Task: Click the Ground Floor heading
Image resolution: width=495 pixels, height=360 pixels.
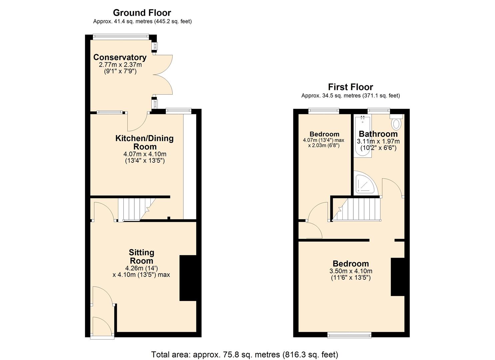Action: click(x=142, y=13)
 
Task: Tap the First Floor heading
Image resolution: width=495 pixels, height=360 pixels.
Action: click(x=350, y=87)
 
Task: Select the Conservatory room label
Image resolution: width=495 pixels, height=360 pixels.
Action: click(x=120, y=57)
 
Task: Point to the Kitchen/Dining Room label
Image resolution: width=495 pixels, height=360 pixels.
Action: click(x=144, y=142)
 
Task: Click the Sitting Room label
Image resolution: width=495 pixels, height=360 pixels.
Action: click(x=141, y=257)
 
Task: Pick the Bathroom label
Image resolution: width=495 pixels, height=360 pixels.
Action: click(x=378, y=134)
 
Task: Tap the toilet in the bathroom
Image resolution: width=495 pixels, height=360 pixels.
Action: click(x=396, y=123)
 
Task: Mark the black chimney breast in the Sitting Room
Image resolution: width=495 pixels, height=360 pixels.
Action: click(x=188, y=278)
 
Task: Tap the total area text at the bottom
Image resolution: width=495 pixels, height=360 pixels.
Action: click(x=245, y=354)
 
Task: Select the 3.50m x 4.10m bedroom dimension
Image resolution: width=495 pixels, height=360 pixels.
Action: click(x=351, y=271)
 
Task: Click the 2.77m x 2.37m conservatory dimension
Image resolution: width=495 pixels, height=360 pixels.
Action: click(x=120, y=65)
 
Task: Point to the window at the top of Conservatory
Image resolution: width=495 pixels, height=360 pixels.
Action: click(x=121, y=36)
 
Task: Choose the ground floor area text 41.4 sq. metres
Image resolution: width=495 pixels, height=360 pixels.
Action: click(x=142, y=21)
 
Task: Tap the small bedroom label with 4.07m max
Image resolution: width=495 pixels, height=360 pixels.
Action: click(x=324, y=140)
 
